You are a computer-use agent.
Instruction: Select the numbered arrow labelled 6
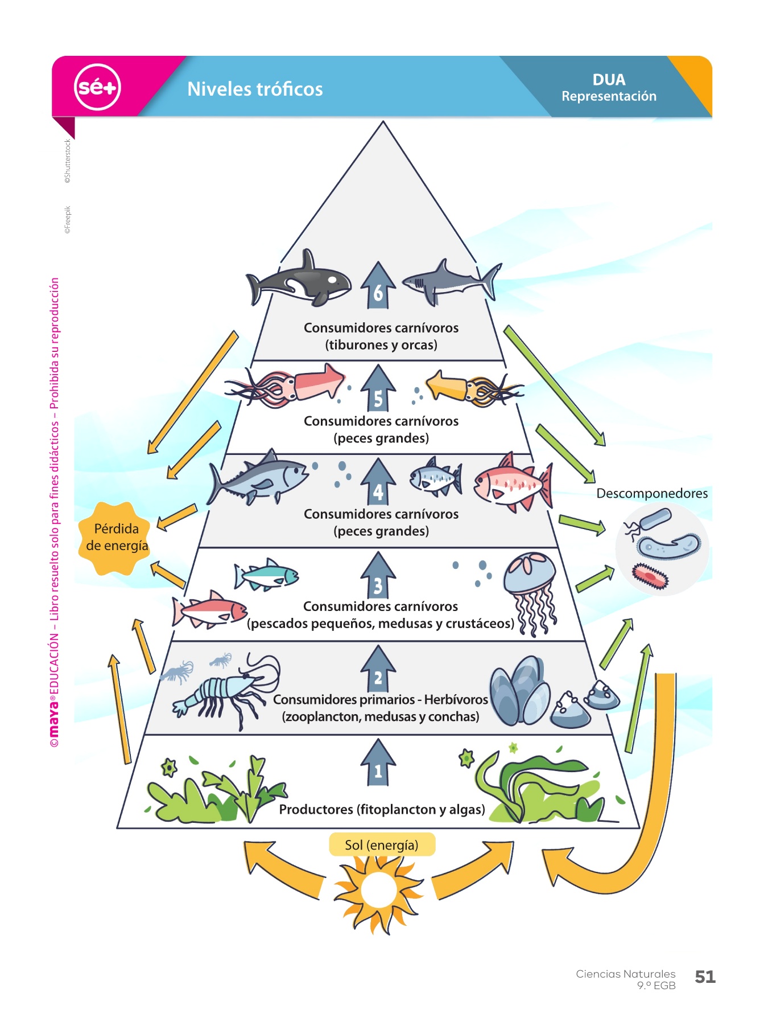pyautogui.click(x=378, y=286)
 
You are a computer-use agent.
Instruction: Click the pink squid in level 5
pyautogui.click(x=287, y=386)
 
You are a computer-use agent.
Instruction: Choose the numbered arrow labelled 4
pyautogui.click(x=378, y=483)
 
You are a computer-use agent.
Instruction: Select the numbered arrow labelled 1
pyautogui.click(x=378, y=763)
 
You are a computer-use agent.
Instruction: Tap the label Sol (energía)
pyautogui.click(x=382, y=844)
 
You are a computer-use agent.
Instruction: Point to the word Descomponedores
pyautogui.click(x=652, y=493)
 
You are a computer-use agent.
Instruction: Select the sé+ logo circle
pyautogui.click(x=97, y=87)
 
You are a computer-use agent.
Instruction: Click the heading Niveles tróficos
pyautogui.click(x=255, y=89)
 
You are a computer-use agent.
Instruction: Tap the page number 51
pyautogui.click(x=705, y=977)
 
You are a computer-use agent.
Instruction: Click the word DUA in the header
pyautogui.click(x=609, y=80)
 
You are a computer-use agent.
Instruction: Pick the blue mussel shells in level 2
pyautogui.click(x=520, y=691)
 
